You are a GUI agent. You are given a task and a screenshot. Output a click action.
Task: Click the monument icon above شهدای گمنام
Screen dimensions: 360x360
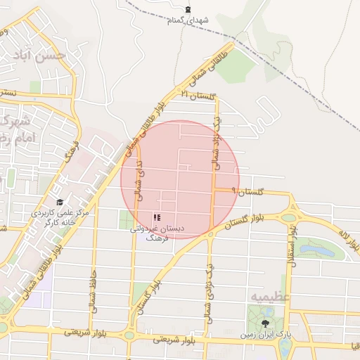187,9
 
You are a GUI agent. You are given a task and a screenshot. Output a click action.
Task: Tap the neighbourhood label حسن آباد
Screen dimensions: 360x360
43,54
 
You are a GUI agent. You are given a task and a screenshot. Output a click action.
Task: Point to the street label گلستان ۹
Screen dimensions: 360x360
250,191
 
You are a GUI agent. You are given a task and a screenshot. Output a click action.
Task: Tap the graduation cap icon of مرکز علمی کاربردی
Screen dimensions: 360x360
60,202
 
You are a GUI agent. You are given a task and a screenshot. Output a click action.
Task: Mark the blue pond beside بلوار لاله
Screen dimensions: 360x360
314,251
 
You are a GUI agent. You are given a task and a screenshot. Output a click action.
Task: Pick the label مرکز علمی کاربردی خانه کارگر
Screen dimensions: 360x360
60,217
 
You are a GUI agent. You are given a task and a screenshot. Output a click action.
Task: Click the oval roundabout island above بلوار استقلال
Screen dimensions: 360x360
289,217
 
